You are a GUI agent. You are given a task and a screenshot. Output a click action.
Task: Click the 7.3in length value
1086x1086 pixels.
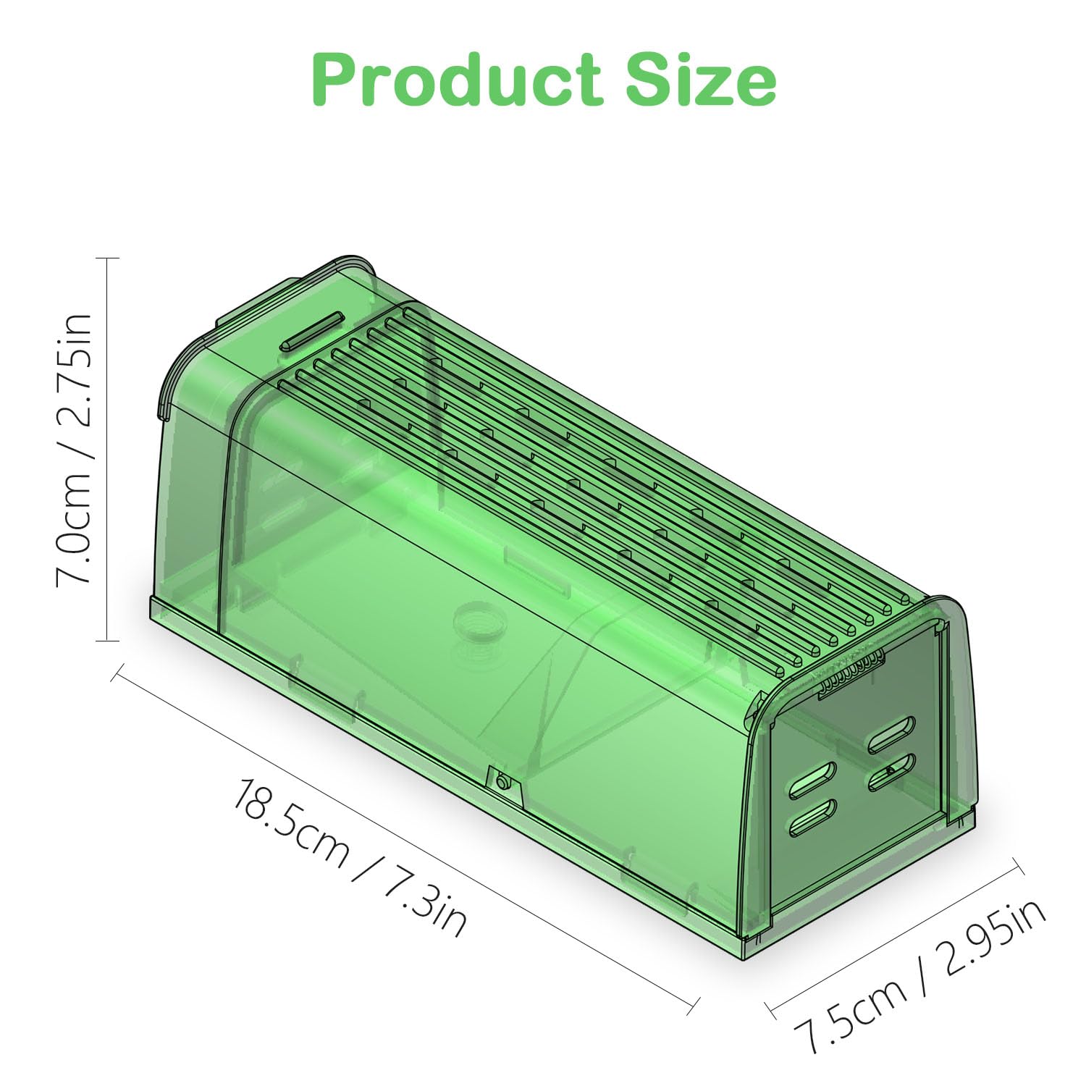424,901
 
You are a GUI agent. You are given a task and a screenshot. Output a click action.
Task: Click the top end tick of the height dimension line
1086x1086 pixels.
107,258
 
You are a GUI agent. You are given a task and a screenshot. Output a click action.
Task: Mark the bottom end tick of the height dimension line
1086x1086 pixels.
107,640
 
